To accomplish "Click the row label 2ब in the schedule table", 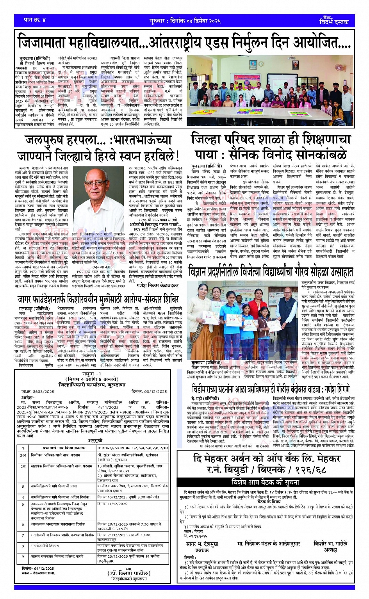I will tap(23, 466).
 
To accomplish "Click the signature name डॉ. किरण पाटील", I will tap(129, 573).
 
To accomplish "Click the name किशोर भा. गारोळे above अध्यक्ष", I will tap(330, 543).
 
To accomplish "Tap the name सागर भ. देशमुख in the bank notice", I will tap(202, 544).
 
